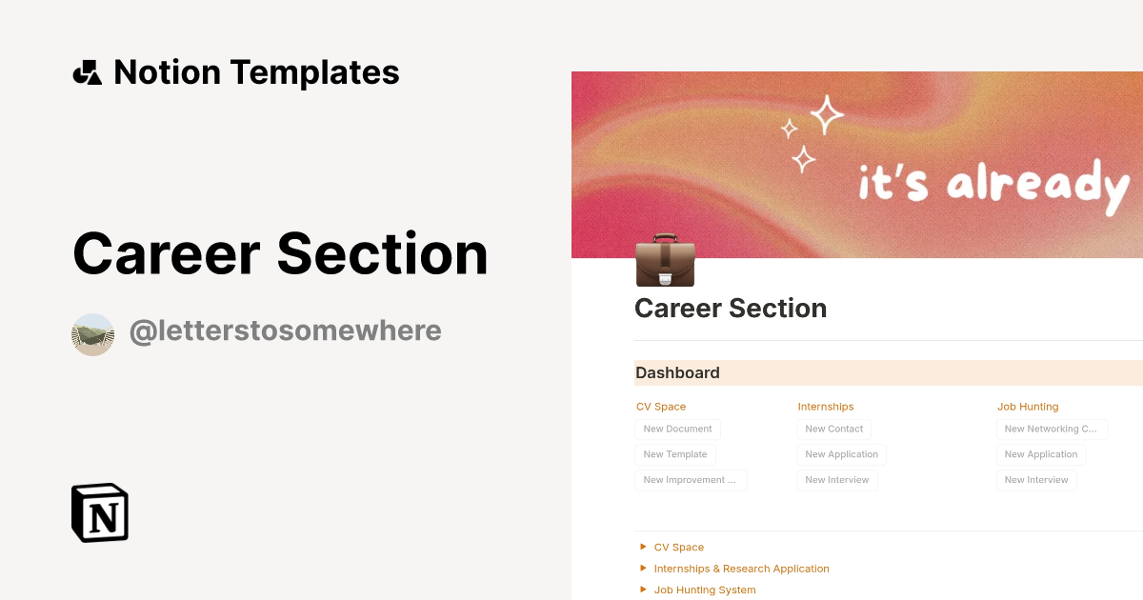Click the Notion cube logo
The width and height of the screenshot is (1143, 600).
[100, 512]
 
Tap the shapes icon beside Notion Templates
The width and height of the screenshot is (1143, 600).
[87, 72]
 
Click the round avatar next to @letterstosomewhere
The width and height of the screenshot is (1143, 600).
[92, 334]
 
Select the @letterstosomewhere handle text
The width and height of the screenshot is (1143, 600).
[285, 331]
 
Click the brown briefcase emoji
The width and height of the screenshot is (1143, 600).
[665, 259]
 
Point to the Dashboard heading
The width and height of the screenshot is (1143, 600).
[677, 373]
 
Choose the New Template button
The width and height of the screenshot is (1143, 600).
[675, 454]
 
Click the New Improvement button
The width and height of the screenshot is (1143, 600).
[691, 480]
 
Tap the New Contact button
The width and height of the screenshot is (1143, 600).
[833, 429]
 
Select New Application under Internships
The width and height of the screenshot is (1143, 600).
[841, 454]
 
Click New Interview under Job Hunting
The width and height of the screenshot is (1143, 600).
[1036, 480]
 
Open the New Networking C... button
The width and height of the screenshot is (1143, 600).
[1051, 429]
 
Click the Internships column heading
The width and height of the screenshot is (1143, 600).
[826, 407]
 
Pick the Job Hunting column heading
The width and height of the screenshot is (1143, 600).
[1028, 407]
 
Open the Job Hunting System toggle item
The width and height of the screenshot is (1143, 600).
[705, 590]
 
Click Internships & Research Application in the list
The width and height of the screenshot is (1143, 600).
[741, 569]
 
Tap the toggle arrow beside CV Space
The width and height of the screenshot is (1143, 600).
[644, 547]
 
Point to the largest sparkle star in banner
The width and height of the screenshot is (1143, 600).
[826, 114]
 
